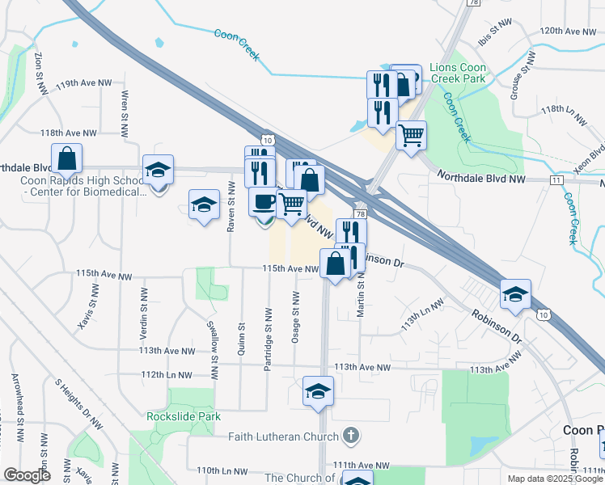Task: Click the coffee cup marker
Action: tap(263, 200)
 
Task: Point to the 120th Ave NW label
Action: tap(568, 31)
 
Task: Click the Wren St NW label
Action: tap(125, 105)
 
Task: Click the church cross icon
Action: tap(349, 436)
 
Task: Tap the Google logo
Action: tap(27, 475)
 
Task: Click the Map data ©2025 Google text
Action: tap(554, 479)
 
